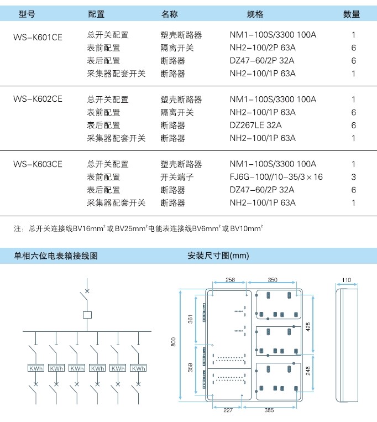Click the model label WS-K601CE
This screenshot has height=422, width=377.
(x=38, y=37)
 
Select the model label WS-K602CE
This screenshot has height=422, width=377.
(x=38, y=99)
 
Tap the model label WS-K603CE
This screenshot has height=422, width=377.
(x=38, y=164)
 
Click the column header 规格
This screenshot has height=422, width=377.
(x=255, y=14)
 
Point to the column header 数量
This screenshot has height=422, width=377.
(x=352, y=14)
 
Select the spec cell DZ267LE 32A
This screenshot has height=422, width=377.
(x=256, y=125)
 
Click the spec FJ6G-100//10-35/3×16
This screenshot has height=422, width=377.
(x=276, y=177)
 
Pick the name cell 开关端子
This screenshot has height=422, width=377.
(x=177, y=177)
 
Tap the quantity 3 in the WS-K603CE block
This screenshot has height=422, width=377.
(x=354, y=177)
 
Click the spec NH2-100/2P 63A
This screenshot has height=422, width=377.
(x=263, y=48)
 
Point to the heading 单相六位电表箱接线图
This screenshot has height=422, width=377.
(x=56, y=256)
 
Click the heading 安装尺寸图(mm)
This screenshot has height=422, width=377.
(x=218, y=256)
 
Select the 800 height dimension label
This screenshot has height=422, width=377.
(x=174, y=342)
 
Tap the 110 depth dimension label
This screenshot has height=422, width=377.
(x=347, y=280)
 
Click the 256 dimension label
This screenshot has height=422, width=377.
(x=230, y=280)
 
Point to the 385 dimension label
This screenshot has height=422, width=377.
(x=269, y=410)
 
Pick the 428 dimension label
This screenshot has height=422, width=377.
(x=308, y=327)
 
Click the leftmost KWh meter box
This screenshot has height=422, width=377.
(x=36, y=368)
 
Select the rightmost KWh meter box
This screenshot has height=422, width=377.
(x=138, y=368)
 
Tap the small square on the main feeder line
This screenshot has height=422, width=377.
(x=87, y=315)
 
